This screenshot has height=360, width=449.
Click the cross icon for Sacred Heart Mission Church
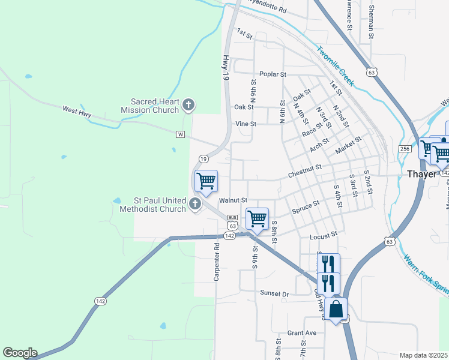coord(188,106)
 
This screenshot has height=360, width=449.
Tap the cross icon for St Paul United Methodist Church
coord(194,205)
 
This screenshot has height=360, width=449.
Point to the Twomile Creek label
coord(336,65)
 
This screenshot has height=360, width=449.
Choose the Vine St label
coord(246,124)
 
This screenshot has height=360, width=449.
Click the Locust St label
coord(324,236)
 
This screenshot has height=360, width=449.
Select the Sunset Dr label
coord(274,293)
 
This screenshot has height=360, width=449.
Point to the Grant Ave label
coord(301,333)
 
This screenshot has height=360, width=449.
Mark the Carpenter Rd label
coord(217,262)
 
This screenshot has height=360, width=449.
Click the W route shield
coord(180,134)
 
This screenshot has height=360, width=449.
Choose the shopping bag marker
coord(337,310)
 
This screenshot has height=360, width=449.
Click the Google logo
coord(20,353)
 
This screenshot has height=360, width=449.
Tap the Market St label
coord(349,143)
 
